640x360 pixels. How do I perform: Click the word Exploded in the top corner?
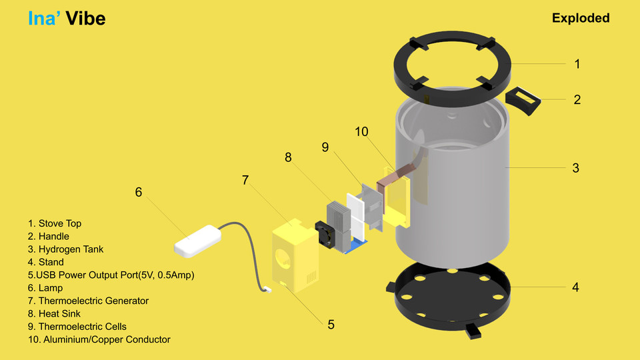580,18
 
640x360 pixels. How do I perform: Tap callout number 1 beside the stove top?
577,64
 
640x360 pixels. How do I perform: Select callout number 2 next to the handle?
577,99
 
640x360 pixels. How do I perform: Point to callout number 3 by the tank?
576,168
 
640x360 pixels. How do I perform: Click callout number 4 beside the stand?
575,287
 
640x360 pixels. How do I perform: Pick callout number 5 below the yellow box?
331,325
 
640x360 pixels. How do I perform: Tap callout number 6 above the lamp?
139,192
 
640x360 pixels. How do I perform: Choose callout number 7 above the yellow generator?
245,180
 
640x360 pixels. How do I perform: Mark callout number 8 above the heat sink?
288,157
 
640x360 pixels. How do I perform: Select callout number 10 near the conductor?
361,132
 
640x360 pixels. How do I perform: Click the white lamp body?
197,239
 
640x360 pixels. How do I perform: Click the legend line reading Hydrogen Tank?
65,249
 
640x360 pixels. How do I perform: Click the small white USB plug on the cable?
267,289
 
